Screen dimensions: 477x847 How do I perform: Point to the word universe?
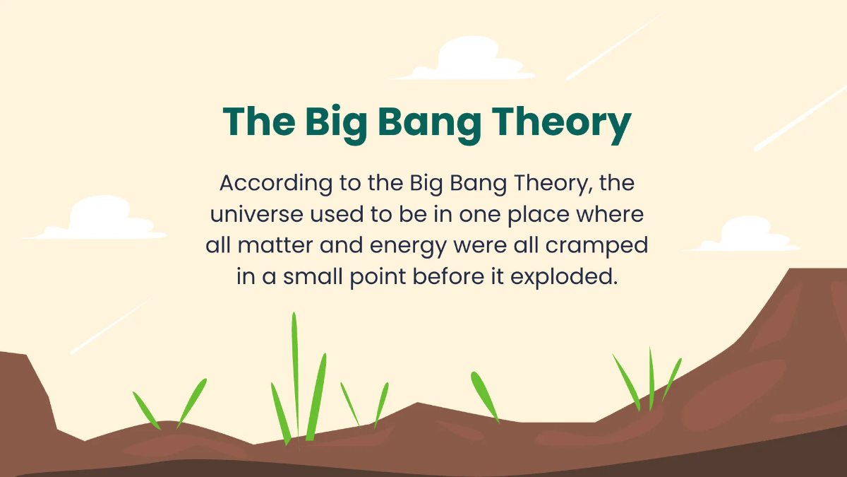[253, 214]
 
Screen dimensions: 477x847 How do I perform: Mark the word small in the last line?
[316, 276]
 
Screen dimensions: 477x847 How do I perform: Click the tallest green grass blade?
[295, 375]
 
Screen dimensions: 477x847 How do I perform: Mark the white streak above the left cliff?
[109, 326]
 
